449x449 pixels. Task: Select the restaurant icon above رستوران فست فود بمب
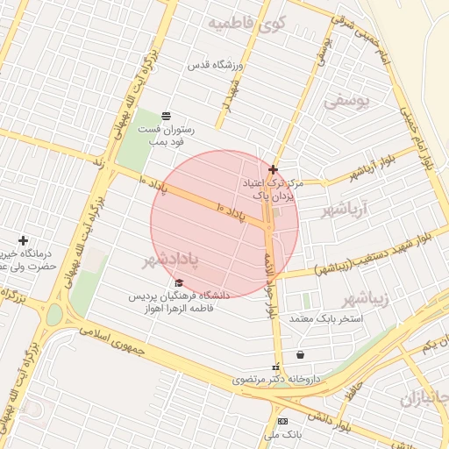[x=167, y=116]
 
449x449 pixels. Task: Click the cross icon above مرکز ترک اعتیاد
[x=274, y=169]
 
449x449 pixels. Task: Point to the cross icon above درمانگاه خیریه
[x=23, y=240]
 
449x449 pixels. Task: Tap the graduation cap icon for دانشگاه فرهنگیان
[x=180, y=282]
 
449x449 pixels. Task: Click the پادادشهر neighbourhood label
[x=170, y=260]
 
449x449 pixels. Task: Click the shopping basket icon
[x=302, y=355]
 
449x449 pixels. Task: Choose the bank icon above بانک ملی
[x=282, y=421]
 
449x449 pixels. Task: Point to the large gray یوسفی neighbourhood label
[x=348, y=102]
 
